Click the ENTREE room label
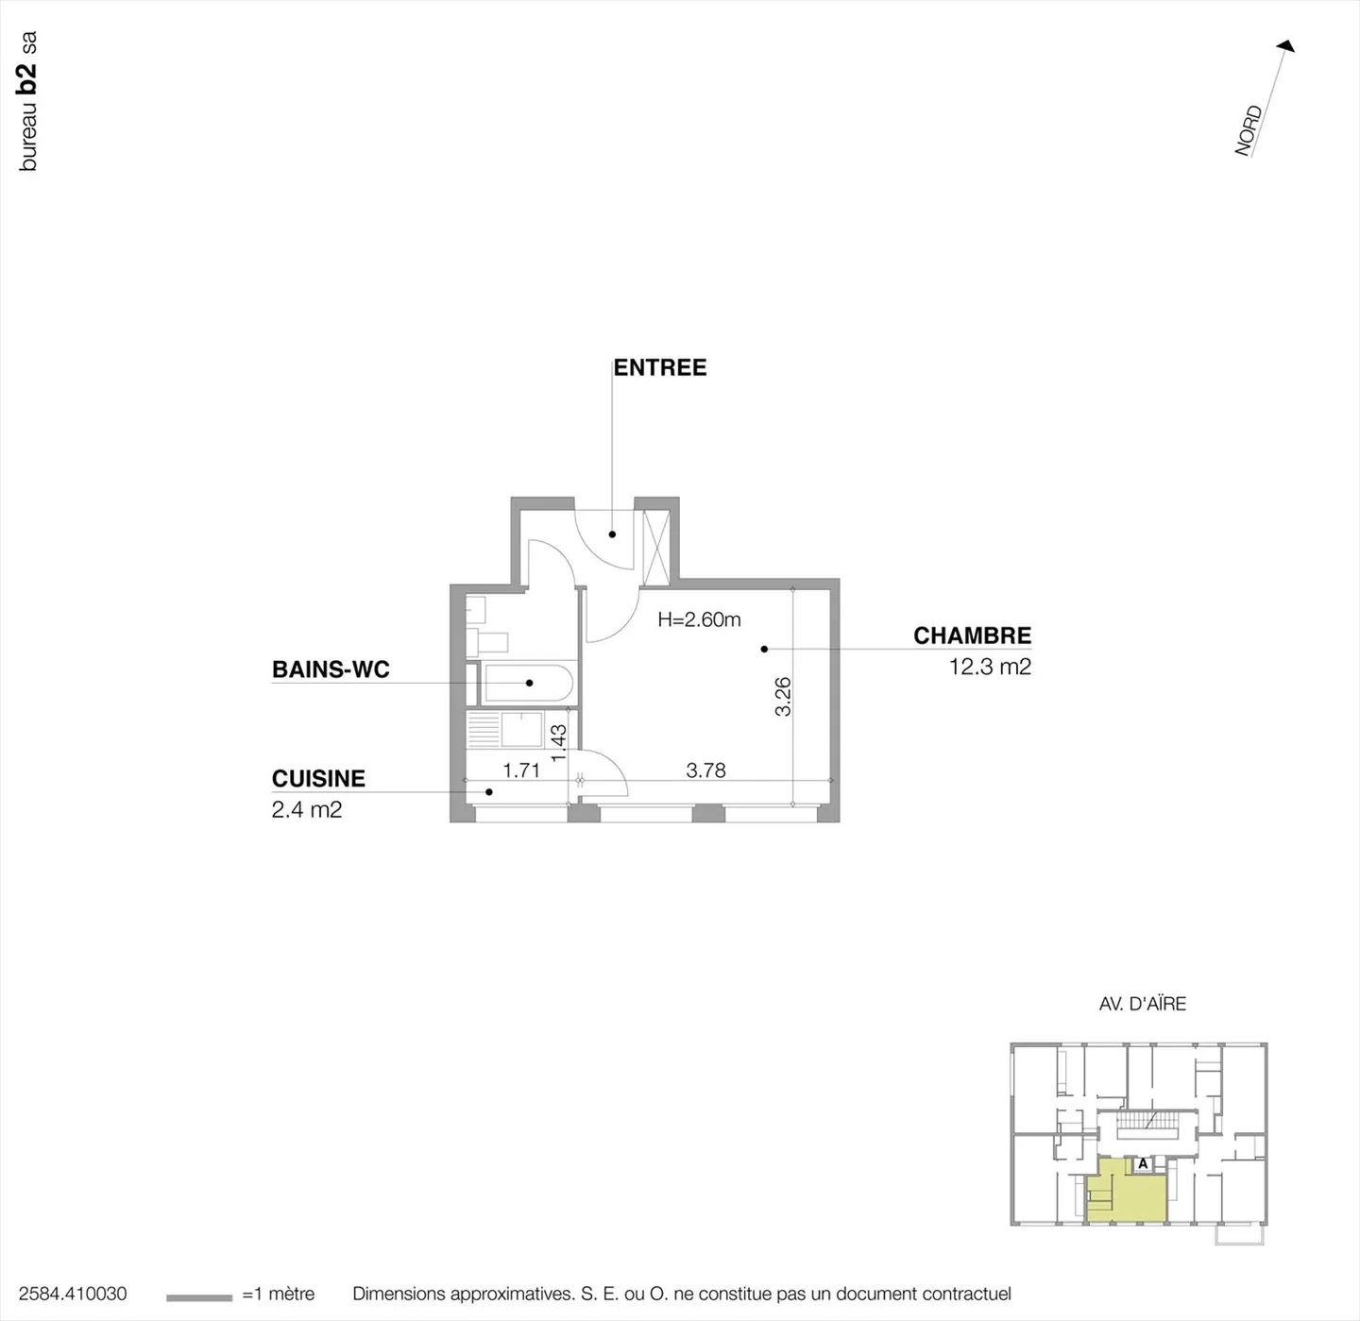pyautogui.click(x=660, y=367)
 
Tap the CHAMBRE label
pyautogui.click(x=972, y=635)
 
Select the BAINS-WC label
pyautogui.click(x=331, y=669)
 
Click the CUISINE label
pyautogui.click(x=318, y=778)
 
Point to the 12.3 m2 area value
pyautogui.click(x=990, y=667)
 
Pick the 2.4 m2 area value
pyautogui.click(x=307, y=809)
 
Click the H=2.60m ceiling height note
pyautogui.click(x=699, y=619)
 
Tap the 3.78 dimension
pyautogui.click(x=705, y=771)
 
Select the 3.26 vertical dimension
pyautogui.click(x=783, y=697)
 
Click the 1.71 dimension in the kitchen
pyautogui.click(x=521, y=771)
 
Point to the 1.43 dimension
pyautogui.click(x=558, y=742)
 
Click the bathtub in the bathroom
pyautogui.click(x=527, y=683)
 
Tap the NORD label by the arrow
pyautogui.click(x=1249, y=130)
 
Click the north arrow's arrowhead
pyautogui.click(x=1286, y=45)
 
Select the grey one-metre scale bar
pyautogui.click(x=198, y=1297)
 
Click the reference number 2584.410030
pyautogui.click(x=73, y=1294)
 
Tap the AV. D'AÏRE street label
pyautogui.click(x=1142, y=1004)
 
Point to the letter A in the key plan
pyautogui.click(x=1143, y=1163)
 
